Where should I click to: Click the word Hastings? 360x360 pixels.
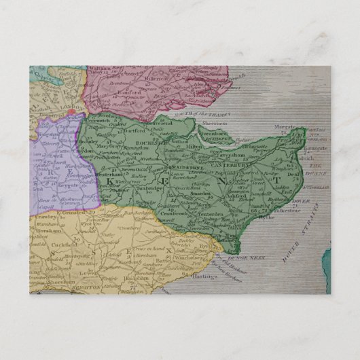click(194, 279)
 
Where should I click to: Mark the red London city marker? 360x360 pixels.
click(70, 112)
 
